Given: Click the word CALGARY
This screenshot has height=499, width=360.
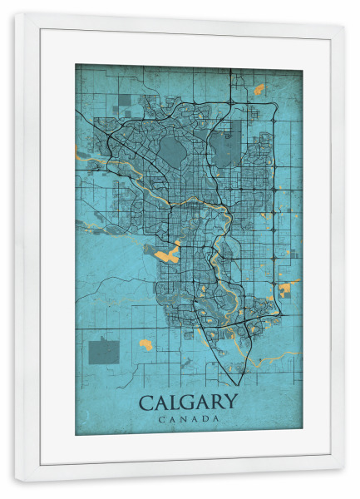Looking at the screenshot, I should [x=188, y=403].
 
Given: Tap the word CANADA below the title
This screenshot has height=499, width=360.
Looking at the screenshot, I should [x=188, y=418].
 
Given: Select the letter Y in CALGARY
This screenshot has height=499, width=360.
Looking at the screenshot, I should [x=230, y=403].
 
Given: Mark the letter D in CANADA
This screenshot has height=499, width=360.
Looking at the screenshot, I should [x=205, y=418].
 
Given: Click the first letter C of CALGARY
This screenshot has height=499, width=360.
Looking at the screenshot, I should [x=145, y=403].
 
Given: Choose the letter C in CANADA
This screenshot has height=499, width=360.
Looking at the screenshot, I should [x=159, y=418].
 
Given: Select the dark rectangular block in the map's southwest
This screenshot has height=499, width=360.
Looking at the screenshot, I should [x=104, y=351].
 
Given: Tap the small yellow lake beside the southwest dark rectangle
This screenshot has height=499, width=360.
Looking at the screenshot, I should [x=146, y=343].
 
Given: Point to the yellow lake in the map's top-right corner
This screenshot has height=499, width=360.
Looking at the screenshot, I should [x=259, y=88].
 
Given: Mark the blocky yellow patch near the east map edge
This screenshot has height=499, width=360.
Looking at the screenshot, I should [x=287, y=289].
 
